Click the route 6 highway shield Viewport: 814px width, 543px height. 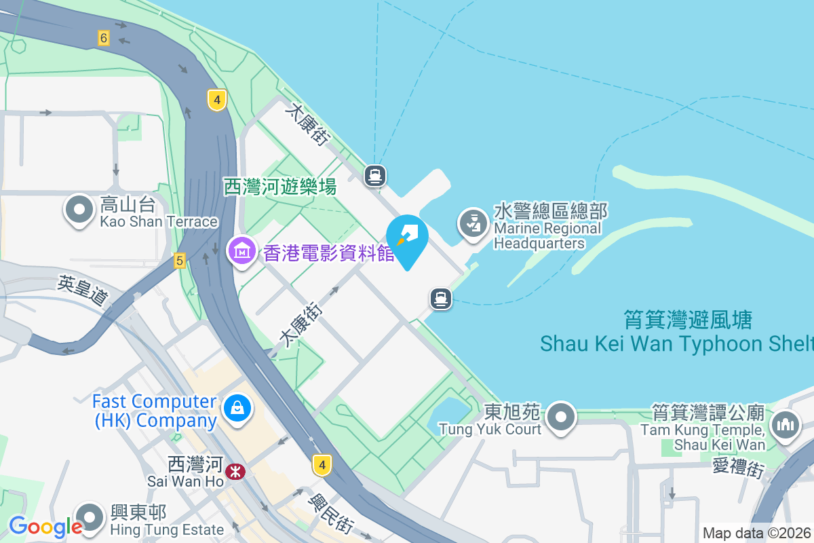[x=103, y=38]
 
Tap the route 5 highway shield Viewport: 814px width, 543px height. [x=179, y=260]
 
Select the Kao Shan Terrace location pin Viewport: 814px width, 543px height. [x=79, y=210]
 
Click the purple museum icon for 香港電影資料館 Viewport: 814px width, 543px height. [x=241, y=252]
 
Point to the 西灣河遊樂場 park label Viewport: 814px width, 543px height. [x=280, y=187]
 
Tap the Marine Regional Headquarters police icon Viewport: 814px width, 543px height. [x=473, y=223]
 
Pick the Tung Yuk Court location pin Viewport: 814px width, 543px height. [x=561, y=417]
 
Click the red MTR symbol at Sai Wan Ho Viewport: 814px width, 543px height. [x=236, y=470]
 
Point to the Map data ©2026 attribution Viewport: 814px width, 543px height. [x=756, y=533]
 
